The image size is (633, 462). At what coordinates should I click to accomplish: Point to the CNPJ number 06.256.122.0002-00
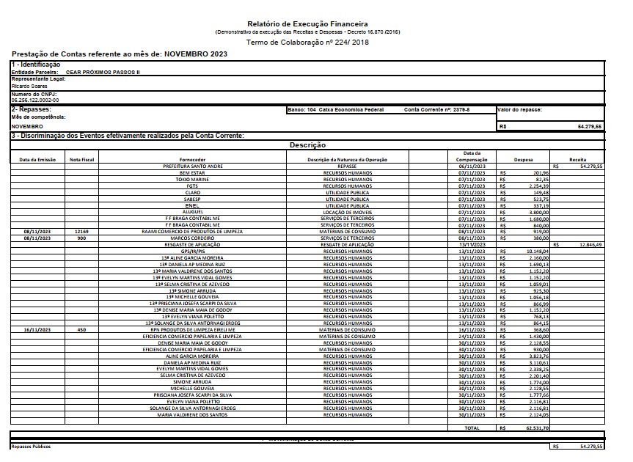coord(35,100)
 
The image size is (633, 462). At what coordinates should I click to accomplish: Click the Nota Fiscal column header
coord(81,159)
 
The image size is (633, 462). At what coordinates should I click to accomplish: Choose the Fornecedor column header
coord(192,159)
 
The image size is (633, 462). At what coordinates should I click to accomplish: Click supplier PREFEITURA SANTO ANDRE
coord(192,166)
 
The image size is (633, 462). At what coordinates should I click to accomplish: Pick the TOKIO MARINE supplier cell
coord(192,179)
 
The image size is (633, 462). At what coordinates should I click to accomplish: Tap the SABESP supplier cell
coord(192,199)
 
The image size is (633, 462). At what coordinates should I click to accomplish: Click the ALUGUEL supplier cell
coord(192,212)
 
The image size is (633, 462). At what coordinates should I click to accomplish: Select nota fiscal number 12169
coord(81,231)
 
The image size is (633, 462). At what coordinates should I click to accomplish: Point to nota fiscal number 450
coord(81,330)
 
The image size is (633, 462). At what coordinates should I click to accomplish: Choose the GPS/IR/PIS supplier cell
coord(192,251)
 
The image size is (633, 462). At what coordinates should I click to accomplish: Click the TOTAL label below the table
coord(472,428)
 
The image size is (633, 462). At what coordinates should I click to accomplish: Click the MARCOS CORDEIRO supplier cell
coord(192,238)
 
